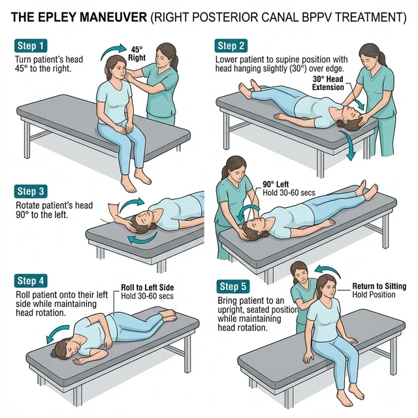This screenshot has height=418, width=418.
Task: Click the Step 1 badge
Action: (31, 46)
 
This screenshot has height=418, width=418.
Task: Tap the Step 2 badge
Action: (231, 46)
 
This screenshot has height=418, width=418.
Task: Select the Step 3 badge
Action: (31, 191)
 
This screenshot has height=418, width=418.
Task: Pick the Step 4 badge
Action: (31, 281)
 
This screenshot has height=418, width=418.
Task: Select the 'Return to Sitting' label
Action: (379, 286)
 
